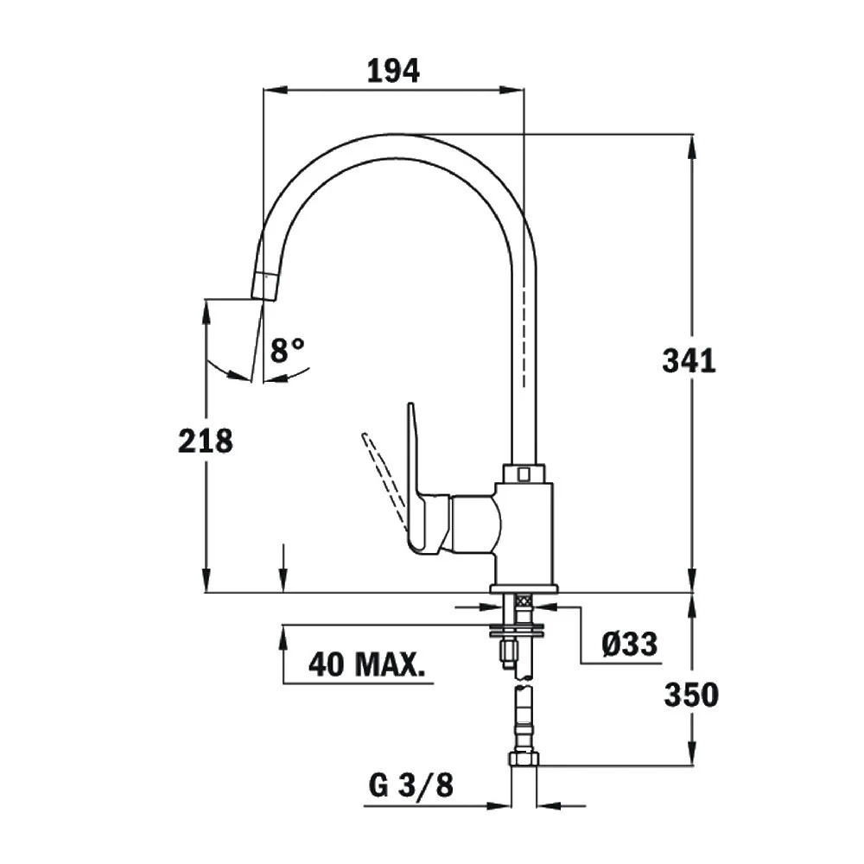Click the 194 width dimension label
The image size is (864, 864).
393,71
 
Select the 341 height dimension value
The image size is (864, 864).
689,360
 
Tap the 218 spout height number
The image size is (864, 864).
206,441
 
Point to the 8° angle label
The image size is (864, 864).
287,350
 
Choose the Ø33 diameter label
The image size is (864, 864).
630,644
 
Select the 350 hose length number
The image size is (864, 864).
690,694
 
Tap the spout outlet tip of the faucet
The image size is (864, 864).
265,286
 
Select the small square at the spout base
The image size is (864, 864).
523,473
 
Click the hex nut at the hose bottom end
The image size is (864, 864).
523,759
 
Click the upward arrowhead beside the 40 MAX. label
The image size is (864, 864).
283,636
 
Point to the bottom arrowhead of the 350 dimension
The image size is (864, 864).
692,755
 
